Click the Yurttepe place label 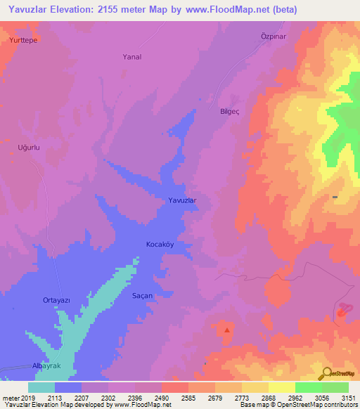[x=23, y=41]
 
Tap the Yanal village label [x=132, y=57]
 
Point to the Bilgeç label [x=231, y=111]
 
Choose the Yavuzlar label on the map [x=181, y=201]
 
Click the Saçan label [x=143, y=296]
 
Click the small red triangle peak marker [x=226, y=329]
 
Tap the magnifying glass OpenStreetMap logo [x=327, y=372]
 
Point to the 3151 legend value [x=347, y=398]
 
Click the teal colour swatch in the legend [x=41, y=387]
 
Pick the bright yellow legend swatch [x=282, y=387]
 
